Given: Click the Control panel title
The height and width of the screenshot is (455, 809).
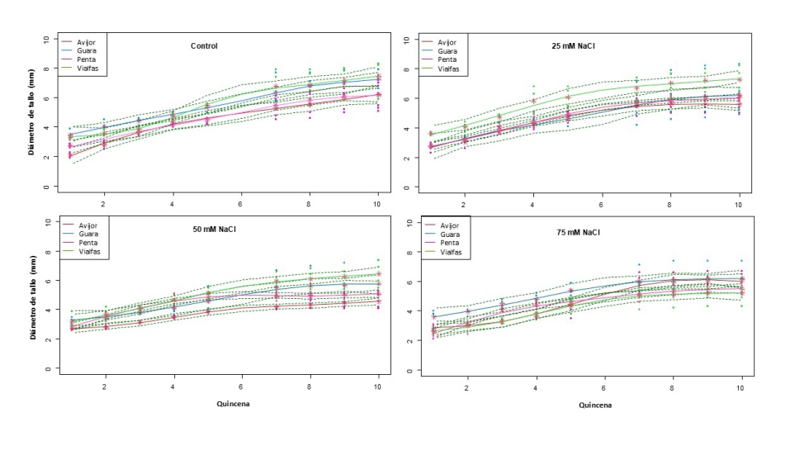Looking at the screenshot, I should pos(203,45).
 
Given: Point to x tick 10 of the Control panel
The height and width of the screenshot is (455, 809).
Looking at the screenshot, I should pos(377,203).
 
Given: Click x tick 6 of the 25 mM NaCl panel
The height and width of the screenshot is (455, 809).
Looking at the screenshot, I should pos(602,203).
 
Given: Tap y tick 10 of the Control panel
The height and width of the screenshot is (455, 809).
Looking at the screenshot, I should pos(46,39).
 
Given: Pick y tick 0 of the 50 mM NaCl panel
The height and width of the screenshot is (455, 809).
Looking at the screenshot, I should pos(47,368).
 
